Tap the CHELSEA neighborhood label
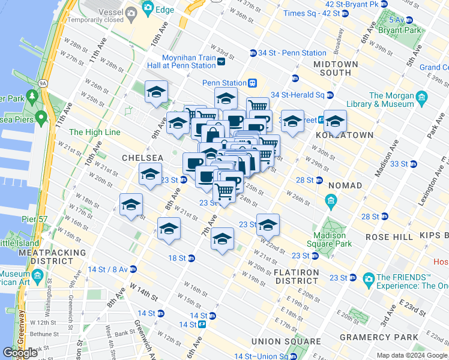click(142, 157)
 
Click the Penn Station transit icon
click(253, 83)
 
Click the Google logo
click(20, 353)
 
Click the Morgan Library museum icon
click(422, 96)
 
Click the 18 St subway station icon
click(191, 258)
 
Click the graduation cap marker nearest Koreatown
click(335, 121)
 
